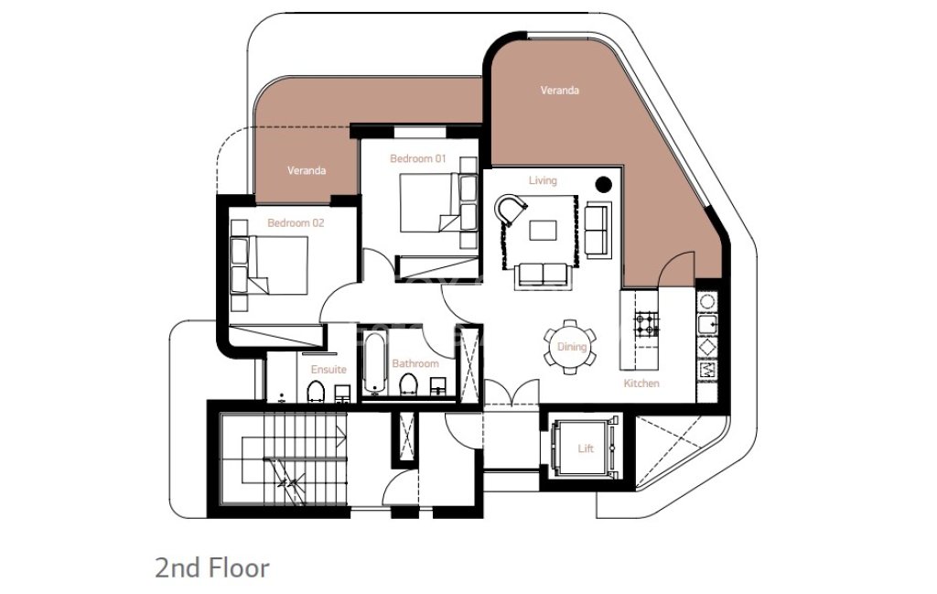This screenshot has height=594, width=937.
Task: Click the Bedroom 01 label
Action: coord(417,158)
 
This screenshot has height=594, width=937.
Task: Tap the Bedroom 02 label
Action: coord(296,223)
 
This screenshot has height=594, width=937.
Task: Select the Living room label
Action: coord(543,180)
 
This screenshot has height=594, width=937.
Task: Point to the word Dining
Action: coord(572,347)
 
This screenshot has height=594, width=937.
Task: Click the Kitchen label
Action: coord(641,383)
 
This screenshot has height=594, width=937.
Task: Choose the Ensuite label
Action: coord(328,370)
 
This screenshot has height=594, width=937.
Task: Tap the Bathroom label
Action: coord(415,363)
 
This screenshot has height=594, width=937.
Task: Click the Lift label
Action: coord(586,448)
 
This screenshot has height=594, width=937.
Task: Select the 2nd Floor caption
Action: coord(212,567)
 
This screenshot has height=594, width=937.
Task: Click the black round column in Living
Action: coord(604,185)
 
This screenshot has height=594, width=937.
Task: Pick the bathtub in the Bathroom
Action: coord(374,362)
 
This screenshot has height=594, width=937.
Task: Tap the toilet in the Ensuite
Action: coord(316,391)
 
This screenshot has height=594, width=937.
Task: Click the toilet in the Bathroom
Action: coord(408,384)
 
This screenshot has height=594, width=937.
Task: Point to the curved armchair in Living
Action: coord(511,210)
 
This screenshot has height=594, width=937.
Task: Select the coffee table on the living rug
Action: coord(543,230)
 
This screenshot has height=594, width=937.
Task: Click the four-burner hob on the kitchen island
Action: coord(647,323)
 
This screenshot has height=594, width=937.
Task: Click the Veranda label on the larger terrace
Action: coord(559,91)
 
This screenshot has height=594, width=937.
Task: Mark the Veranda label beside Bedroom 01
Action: coord(307,170)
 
